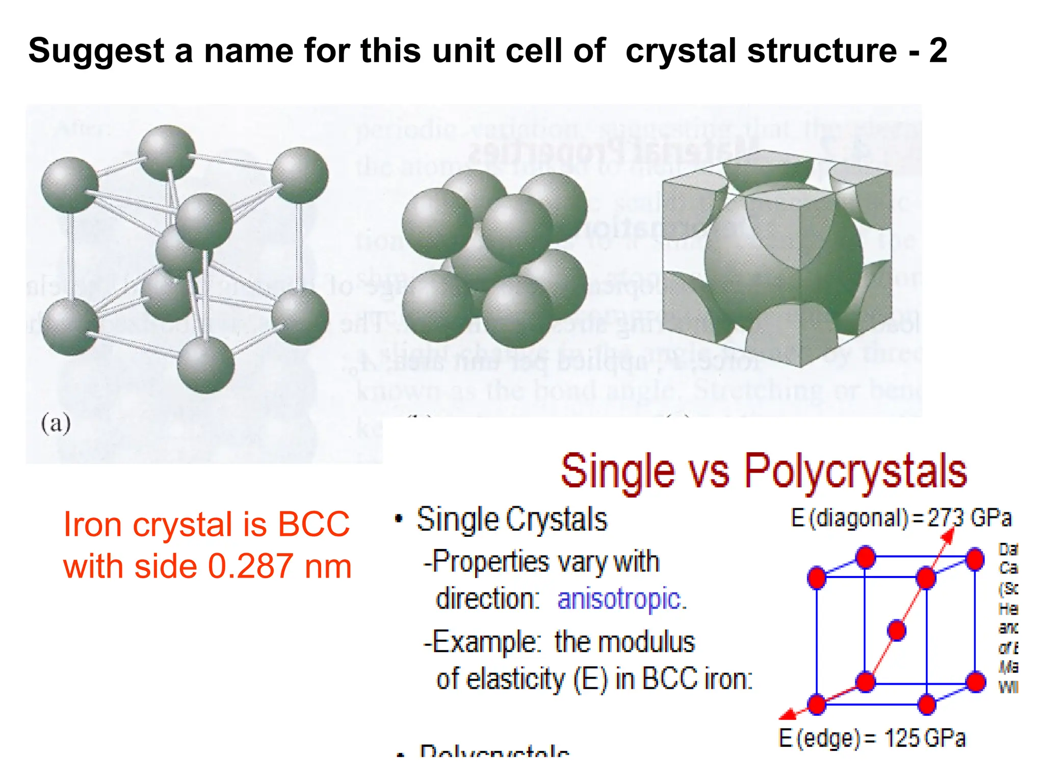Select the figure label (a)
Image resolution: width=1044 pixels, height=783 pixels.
pos(56,424)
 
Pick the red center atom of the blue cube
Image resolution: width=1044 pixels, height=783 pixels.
pos(897,631)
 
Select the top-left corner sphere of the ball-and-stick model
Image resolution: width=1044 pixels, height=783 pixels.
pos(69,185)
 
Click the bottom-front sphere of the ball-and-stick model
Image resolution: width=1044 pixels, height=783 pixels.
pos(205,365)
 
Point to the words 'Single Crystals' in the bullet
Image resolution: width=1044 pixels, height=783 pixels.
pos(512,520)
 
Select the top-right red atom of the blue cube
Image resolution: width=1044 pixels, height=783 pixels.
pos(975,559)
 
